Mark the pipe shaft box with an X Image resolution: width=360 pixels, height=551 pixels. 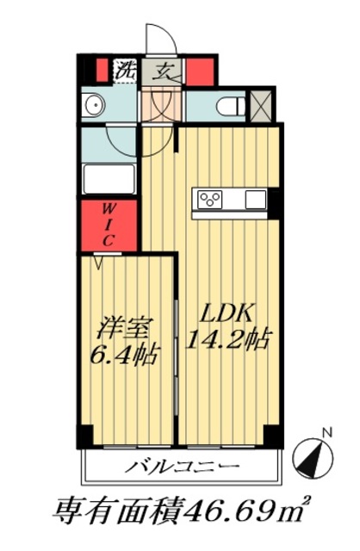260,104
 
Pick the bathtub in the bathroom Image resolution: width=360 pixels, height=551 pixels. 109,179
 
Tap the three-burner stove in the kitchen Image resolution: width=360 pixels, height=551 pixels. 210,200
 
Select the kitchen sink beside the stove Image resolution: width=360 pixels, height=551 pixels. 256,200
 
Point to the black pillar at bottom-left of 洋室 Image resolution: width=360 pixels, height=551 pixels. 84,436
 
